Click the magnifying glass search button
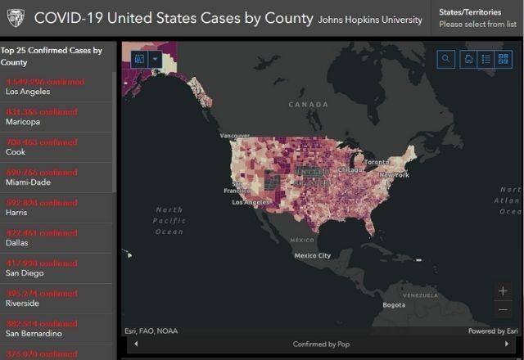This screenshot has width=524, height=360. [x=446, y=59]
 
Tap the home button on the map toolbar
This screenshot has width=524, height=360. [x=468, y=59]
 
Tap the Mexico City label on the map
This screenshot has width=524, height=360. [x=313, y=255]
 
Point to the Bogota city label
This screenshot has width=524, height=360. [x=394, y=305]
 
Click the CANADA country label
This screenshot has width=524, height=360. [x=308, y=105]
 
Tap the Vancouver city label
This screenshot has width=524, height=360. [x=234, y=135]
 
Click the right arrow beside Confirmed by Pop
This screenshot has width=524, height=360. [x=506, y=344]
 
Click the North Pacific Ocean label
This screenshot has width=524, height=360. [x=169, y=221]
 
